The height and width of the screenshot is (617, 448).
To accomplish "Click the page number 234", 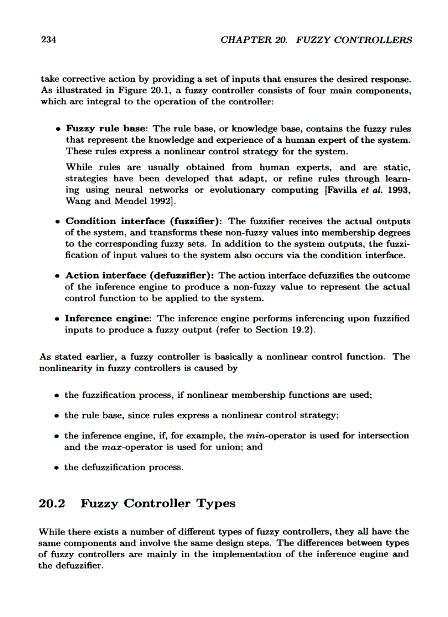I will pos(49,40).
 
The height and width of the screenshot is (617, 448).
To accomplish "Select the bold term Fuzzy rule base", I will pos(105,129).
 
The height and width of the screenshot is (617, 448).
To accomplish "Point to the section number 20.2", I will pos(53,504).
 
